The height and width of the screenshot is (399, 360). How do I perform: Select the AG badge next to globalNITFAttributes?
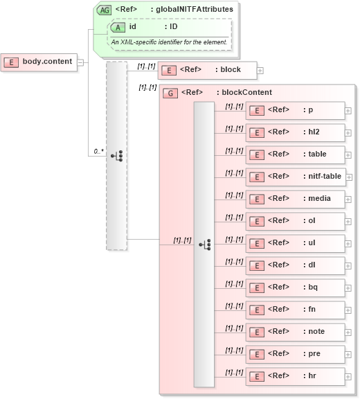[104, 10]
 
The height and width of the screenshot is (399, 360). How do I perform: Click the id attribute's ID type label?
[171, 26]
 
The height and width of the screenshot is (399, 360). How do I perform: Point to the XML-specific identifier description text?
[169, 42]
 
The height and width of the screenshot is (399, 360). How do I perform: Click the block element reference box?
[207, 70]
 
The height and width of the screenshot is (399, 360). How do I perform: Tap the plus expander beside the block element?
[260, 70]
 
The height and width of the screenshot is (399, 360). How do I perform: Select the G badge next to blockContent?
[170, 93]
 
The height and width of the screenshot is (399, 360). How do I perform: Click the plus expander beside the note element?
[348, 332]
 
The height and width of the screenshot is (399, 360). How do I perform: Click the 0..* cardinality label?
[98, 151]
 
